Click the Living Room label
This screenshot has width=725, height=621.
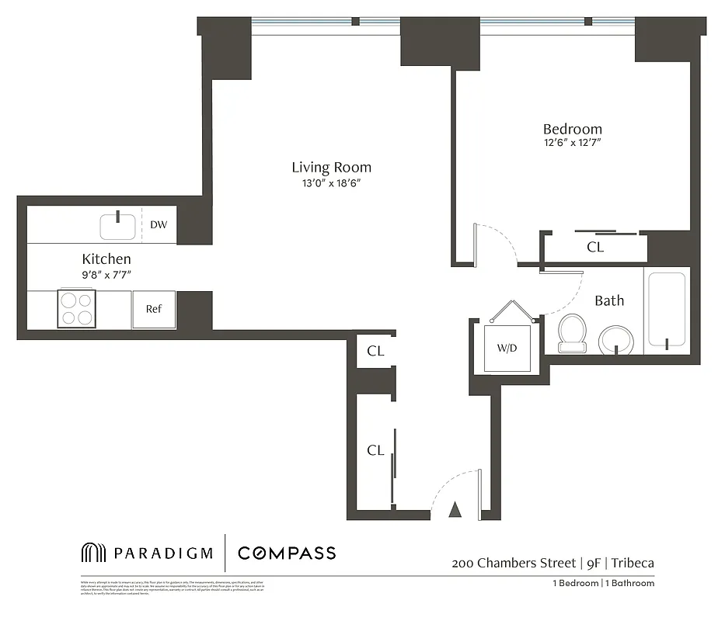pyautogui.click(x=331, y=167)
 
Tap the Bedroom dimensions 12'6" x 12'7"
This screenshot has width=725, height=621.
pyautogui.click(x=572, y=143)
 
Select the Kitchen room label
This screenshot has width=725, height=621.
pyautogui.click(x=106, y=258)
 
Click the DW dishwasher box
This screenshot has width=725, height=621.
pyautogui.click(x=159, y=225)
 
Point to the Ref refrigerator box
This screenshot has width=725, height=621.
pyautogui.click(x=154, y=309)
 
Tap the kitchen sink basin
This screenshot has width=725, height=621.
pyautogui.click(x=117, y=227)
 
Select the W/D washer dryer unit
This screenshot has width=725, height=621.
pyautogui.click(x=507, y=348)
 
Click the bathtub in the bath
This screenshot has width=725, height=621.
pyautogui.click(x=666, y=310)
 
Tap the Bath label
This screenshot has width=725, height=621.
pyautogui.click(x=609, y=300)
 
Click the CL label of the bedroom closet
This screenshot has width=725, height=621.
pyautogui.click(x=595, y=248)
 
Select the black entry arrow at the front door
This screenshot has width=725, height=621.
pyautogui.click(x=456, y=510)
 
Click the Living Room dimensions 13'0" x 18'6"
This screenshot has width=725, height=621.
pyautogui.click(x=331, y=183)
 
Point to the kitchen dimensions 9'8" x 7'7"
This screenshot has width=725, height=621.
pyautogui.click(x=106, y=273)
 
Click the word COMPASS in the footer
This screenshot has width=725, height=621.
pyautogui.click(x=287, y=553)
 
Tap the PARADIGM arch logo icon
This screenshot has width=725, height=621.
pyautogui.click(x=92, y=553)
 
